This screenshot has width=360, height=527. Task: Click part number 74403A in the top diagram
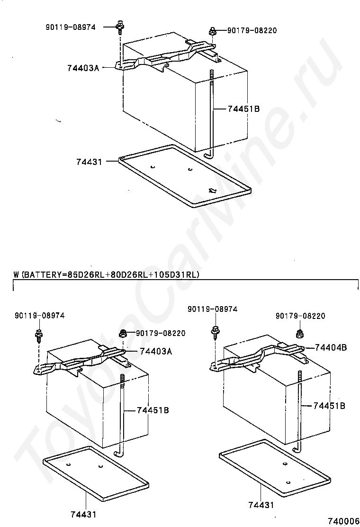[x=83, y=68]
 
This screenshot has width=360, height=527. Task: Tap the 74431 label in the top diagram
[x=89, y=162]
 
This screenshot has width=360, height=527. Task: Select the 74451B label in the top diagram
[x=243, y=109]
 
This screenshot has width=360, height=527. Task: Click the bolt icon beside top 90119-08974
[x=119, y=27]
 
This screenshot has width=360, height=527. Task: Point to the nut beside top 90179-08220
[x=212, y=32]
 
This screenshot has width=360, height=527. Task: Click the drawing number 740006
[x=343, y=521]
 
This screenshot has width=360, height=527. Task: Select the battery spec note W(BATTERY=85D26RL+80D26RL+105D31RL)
[x=107, y=274]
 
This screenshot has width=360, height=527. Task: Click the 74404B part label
[x=331, y=347]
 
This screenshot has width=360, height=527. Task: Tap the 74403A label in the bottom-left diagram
[x=156, y=352]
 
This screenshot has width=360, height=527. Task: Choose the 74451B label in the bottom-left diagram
[x=153, y=410]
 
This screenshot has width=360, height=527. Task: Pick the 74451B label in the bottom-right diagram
[x=329, y=406]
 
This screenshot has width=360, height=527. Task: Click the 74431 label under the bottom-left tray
[x=83, y=515]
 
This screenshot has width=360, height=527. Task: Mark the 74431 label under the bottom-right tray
[x=261, y=505]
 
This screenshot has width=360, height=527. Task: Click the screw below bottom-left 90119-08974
[x=39, y=336]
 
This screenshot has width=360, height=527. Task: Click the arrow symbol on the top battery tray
[x=212, y=191]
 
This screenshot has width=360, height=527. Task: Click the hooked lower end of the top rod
[x=208, y=155]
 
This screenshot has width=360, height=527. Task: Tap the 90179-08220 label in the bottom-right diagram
[x=301, y=316]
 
